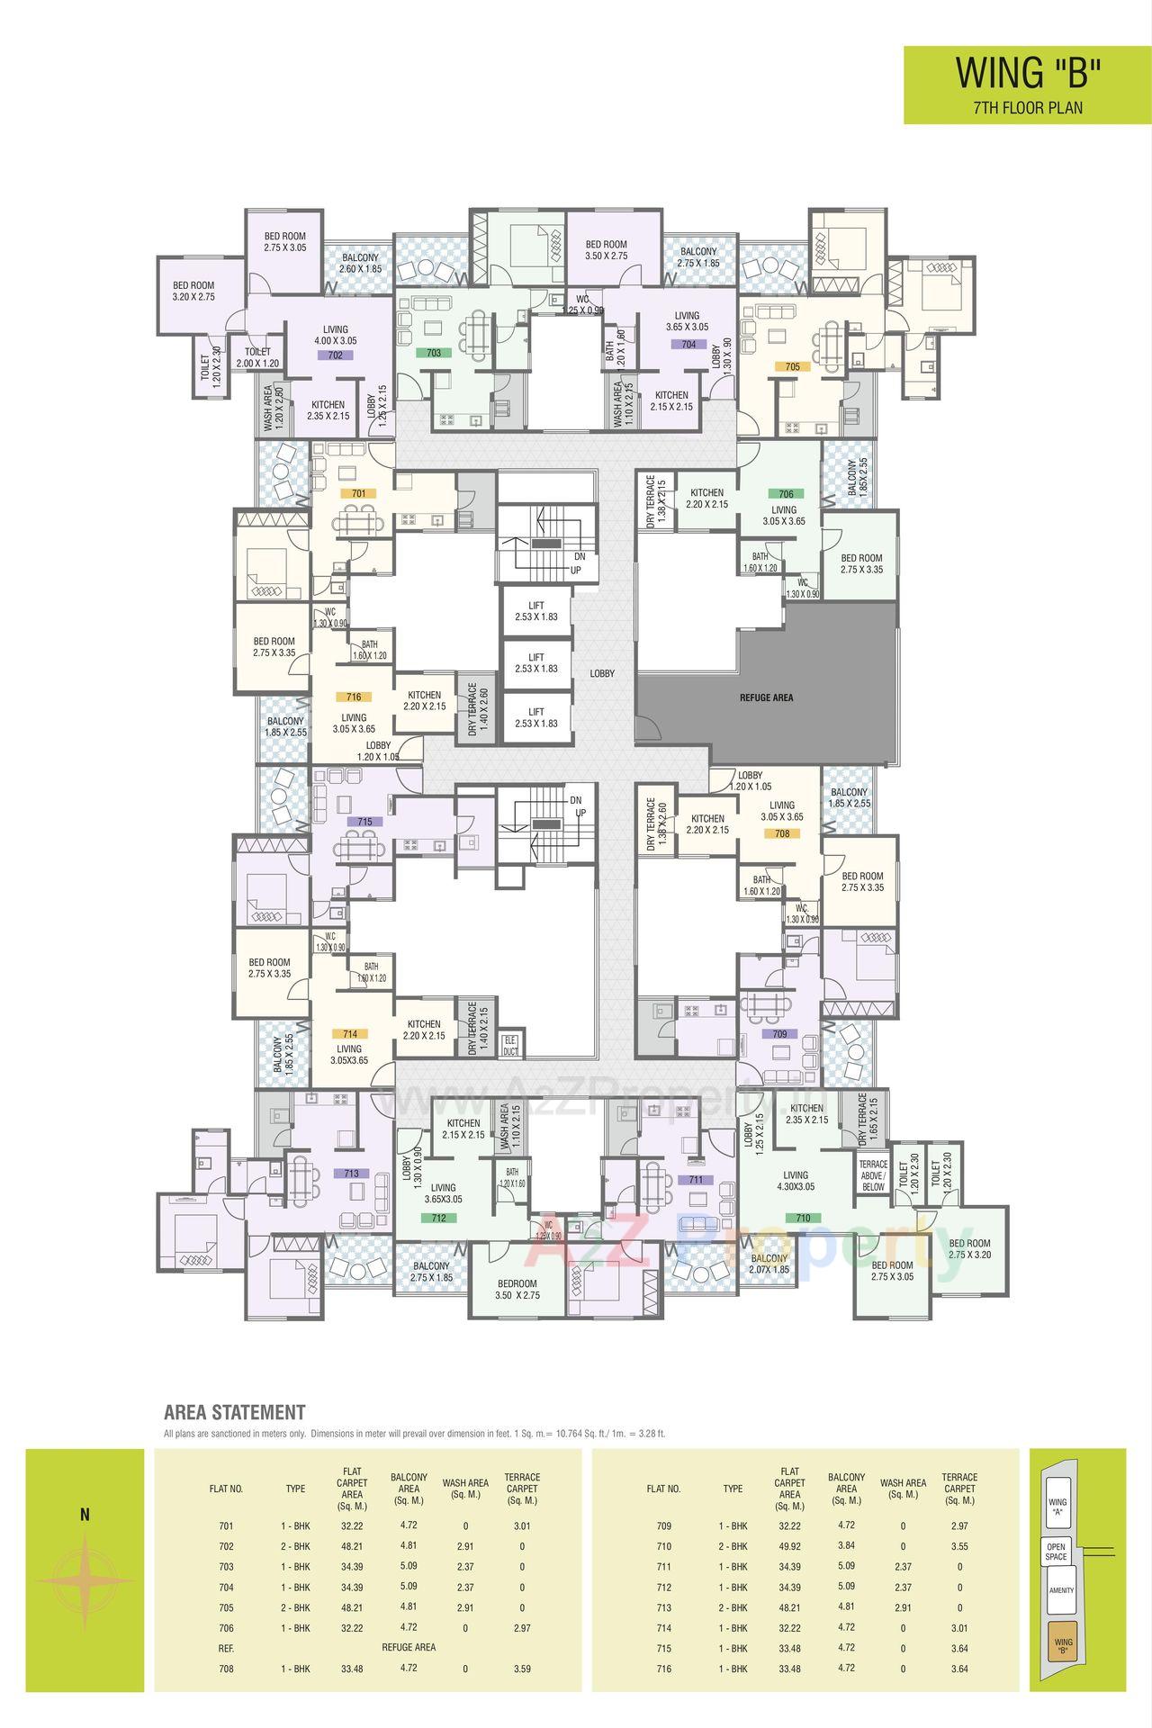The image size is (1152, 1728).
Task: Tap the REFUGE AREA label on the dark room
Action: tap(766, 697)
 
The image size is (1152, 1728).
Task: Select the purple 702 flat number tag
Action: tap(335, 355)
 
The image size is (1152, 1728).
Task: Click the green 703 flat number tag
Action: tap(434, 354)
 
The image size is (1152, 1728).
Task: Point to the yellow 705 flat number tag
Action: tap(792, 366)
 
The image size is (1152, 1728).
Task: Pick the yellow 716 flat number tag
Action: tap(353, 697)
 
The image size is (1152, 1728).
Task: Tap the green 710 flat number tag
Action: tap(803, 1218)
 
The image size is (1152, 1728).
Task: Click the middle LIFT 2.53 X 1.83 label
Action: tap(536, 663)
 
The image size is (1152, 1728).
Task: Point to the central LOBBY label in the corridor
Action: tap(602, 673)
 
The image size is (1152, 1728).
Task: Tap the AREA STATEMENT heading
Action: tap(235, 1412)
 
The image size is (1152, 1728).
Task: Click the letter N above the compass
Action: tap(85, 1515)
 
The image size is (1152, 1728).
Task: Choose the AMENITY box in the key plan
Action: tap(1061, 1590)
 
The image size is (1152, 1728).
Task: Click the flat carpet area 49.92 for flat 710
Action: tap(789, 1546)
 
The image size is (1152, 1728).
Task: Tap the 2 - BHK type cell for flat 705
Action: tap(295, 1607)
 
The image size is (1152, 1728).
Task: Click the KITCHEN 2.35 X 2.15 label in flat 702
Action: tap(328, 410)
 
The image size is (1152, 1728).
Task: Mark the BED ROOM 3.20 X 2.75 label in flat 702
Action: tap(193, 290)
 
